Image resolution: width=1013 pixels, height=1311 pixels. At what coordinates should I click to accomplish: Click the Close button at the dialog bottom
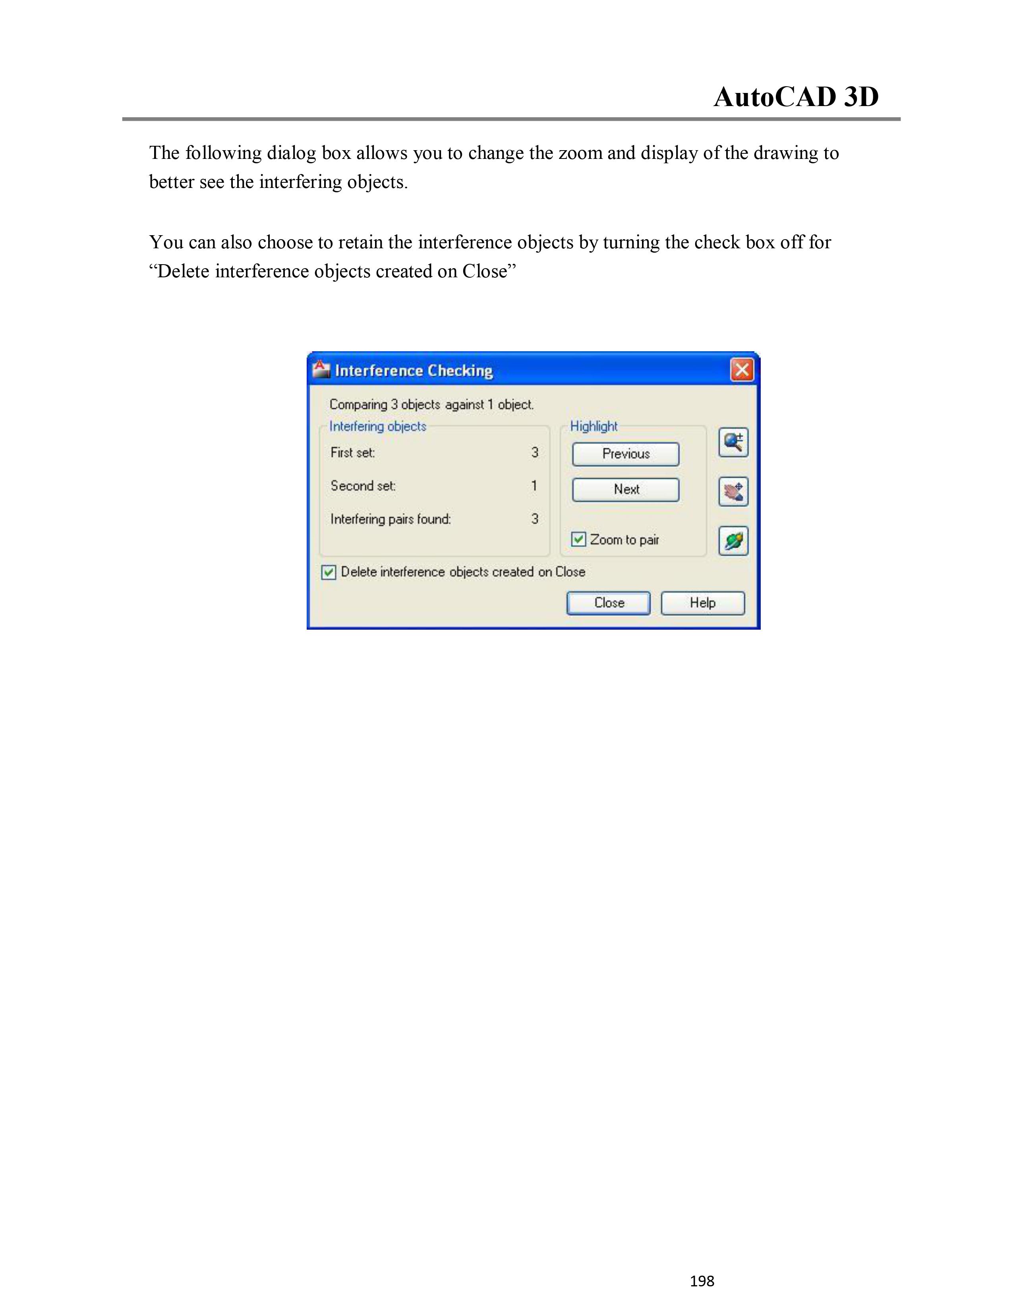coord(608,603)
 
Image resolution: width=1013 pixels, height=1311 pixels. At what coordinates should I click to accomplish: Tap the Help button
coord(702,603)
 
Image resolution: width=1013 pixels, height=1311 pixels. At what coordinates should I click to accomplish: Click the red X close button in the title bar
coord(742,370)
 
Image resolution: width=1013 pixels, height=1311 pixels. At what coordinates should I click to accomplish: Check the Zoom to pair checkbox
coord(578,539)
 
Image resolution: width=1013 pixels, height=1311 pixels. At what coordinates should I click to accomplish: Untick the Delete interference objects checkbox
coord(328,572)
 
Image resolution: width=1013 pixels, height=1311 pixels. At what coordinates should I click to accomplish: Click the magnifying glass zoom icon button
coord(733,443)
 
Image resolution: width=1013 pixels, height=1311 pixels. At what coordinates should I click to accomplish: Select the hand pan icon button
coord(733,492)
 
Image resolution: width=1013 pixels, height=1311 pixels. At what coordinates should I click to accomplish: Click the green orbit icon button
coord(733,541)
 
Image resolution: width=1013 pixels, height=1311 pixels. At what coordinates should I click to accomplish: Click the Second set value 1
coord(534,485)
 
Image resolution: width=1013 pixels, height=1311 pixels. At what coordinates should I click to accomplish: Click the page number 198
coord(702,1281)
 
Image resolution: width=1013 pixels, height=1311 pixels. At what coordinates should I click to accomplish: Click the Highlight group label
coord(593,426)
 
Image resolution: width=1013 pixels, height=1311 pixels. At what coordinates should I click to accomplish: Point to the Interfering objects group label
coord(377,426)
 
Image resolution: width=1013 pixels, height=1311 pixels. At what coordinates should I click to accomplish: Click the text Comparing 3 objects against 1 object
coord(431,404)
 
